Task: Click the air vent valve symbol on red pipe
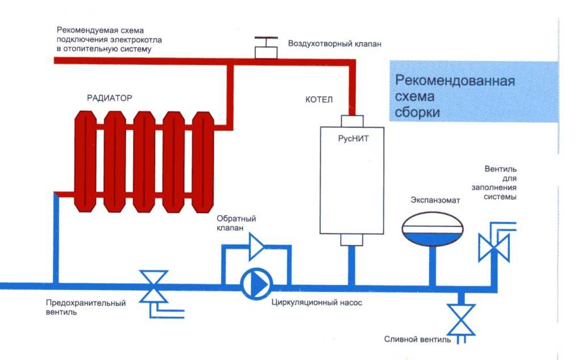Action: (265, 49)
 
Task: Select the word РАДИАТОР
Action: (109, 98)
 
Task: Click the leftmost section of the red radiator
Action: (85, 162)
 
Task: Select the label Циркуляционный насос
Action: (317, 303)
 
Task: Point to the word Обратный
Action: (236, 219)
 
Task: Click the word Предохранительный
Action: (85, 303)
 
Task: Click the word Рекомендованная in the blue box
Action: (455, 80)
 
